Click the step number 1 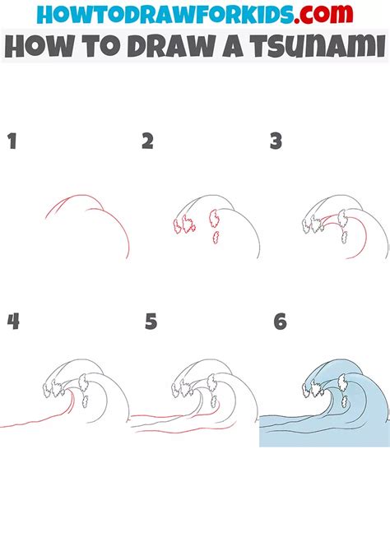[x=12, y=141]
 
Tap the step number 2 [x=147, y=141]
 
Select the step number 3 [x=276, y=141]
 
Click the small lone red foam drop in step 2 [x=216, y=238]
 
